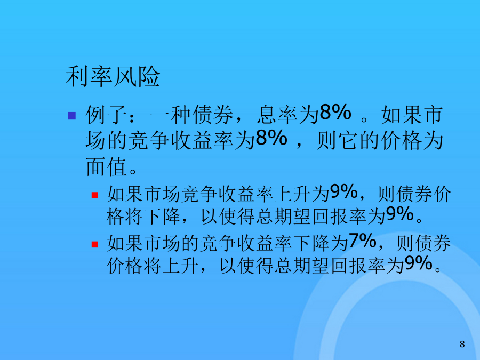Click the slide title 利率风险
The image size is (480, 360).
point(113,76)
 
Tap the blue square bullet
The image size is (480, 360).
point(71,116)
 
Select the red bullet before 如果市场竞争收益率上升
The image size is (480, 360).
point(94,195)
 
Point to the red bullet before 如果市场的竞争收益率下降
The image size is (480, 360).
point(94,244)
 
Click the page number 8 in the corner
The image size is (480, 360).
point(462,344)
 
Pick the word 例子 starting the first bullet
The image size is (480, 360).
point(106,115)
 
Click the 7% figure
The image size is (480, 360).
point(363,241)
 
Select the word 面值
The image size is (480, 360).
point(106,167)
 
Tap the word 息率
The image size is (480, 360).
point(277,115)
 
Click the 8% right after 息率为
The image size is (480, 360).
point(335,113)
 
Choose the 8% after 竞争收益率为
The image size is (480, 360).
point(271,138)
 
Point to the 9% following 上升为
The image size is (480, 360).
point(344,191)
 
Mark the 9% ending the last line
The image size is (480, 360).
point(418,263)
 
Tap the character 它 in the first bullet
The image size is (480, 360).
point(348,141)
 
